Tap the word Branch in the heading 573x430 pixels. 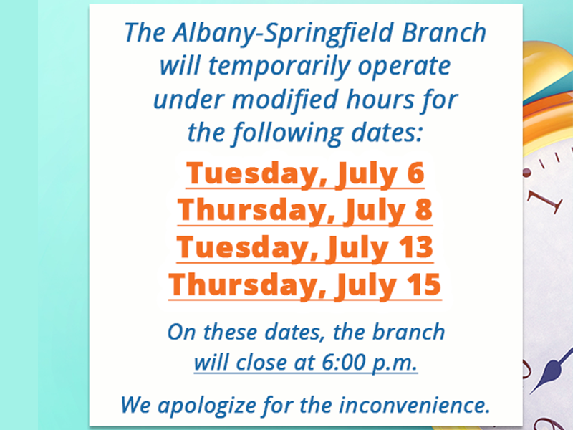(444, 32)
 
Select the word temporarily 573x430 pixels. (279, 67)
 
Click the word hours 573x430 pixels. (380, 99)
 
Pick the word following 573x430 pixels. (288, 133)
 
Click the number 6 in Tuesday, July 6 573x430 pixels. (415, 173)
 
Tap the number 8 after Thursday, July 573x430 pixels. (424, 209)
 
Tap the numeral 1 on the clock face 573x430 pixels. (544, 201)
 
